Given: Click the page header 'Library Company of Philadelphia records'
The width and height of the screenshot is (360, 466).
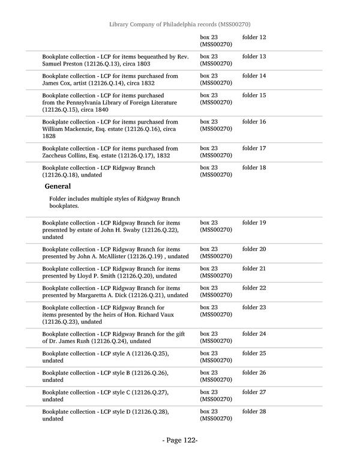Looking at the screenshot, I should tap(180, 24).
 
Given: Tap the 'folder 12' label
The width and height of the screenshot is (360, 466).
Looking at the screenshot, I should tap(254, 37).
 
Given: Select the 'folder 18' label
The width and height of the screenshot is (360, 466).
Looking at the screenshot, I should tap(254, 168).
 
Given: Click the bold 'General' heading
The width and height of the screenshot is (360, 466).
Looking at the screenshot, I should tap(58, 186).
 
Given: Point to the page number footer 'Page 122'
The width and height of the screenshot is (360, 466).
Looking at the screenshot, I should tap(180, 441).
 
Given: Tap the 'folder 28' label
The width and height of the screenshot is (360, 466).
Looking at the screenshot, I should tap(254, 411).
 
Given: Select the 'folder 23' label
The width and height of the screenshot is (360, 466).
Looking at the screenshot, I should tap(254, 307).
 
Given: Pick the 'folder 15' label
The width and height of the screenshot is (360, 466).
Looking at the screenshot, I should tap(254, 95).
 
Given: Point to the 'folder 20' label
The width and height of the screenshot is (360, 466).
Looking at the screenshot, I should tap(254, 249).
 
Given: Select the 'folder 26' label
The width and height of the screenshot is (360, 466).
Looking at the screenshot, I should tap(254, 373).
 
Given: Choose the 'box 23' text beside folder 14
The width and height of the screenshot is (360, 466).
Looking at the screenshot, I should tap(209, 76).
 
